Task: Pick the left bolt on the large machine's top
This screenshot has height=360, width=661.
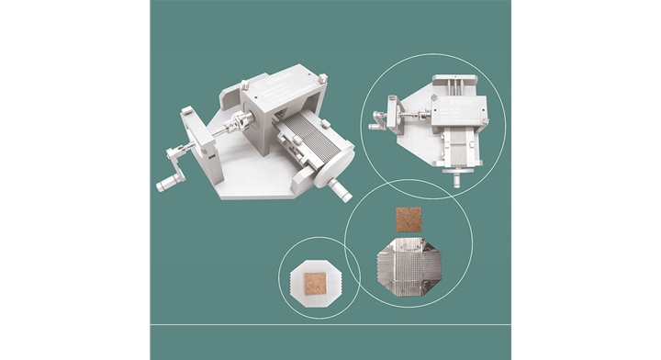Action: pos(244,87)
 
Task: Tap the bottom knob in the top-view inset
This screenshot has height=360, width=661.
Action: pos(456,180)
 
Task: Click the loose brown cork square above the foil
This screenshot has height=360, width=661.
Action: pos(408,220)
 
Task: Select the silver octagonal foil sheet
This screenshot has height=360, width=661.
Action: pos(408,267)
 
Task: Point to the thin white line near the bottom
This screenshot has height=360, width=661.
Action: pos(330,324)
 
